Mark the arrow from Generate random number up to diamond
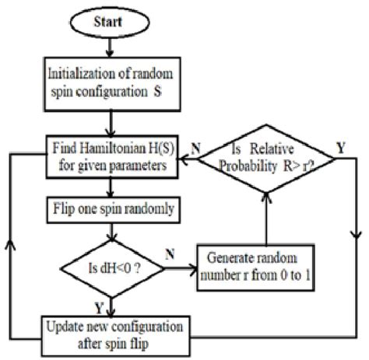tap(267, 218)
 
